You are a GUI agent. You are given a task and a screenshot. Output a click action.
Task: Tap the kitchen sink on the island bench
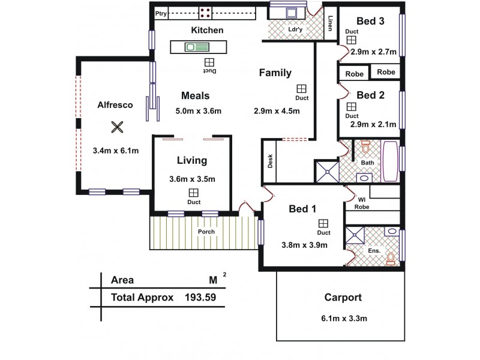[x=197, y=47]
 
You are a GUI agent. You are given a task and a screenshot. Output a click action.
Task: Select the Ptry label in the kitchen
[x=161, y=13]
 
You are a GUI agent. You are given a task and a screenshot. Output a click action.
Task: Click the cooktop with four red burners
[x=205, y=13]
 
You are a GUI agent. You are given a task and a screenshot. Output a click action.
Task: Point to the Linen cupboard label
[x=331, y=24]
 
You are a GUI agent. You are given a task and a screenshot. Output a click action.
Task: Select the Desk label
[x=270, y=160]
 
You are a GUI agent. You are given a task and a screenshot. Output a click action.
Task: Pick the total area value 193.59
[x=201, y=297]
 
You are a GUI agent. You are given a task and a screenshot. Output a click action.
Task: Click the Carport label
[x=343, y=297]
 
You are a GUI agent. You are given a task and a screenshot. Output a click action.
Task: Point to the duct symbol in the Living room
[x=193, y=193]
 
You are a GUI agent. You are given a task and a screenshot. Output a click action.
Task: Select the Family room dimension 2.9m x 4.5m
[x=277, y=111]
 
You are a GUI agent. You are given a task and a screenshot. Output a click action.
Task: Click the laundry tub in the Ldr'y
[x=290, y=12]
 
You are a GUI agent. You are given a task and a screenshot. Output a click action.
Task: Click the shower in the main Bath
[x=328, y=170]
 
